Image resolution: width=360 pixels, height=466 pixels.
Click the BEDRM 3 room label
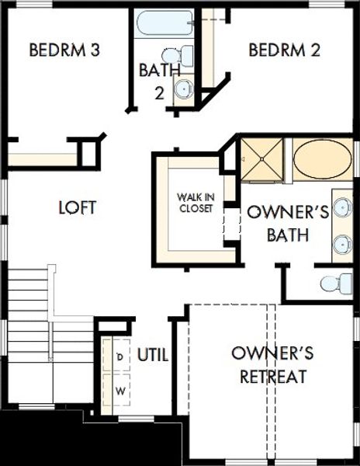click(x=64, y=51)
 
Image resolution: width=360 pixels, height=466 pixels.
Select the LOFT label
click(x=78, y=207)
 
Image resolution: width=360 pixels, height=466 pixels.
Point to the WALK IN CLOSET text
click(x=195, y=203)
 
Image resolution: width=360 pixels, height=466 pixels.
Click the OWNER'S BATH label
click(x=277, y=221)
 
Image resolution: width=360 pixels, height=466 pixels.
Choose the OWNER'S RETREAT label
click(x=272, y=365)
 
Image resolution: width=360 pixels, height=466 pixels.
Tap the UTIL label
click(x=153, y=355)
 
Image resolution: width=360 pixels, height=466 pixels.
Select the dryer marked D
click(x=120, y=356)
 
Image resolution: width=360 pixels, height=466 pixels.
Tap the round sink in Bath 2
click(x=184, y=89)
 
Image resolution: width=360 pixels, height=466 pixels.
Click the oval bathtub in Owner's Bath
click(x=322, y=158)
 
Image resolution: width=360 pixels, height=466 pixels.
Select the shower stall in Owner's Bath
click(x=261, y=158)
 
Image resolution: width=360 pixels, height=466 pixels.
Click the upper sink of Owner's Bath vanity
click(x=342, y=208)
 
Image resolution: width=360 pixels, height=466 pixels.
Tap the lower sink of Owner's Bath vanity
click(x=342, y=245)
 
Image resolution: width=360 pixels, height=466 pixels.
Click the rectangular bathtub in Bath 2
click(x=164, y=24)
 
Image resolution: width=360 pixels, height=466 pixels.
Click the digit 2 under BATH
click(x=159, y=93)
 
